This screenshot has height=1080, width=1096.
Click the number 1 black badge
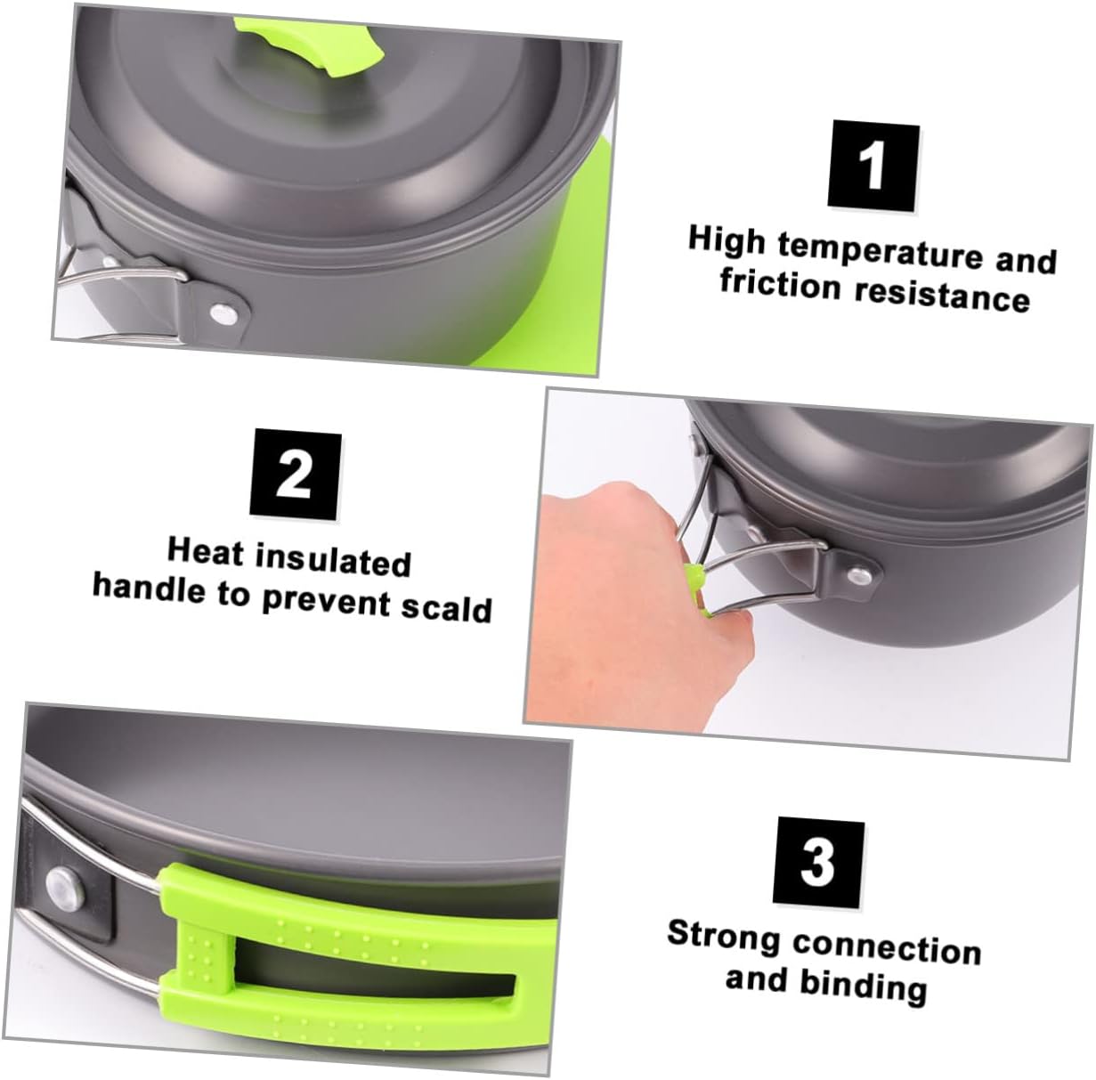click(x=873, y=166)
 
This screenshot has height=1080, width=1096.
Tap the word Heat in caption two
click(x=205, y=551)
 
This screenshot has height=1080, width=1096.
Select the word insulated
click(x=333, y=559)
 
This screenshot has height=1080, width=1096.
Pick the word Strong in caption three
click(x=722, y=937)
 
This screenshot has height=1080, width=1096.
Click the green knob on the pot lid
click(x=337, y=36)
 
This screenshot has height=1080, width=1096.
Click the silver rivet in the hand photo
click(x=858, y=574)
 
